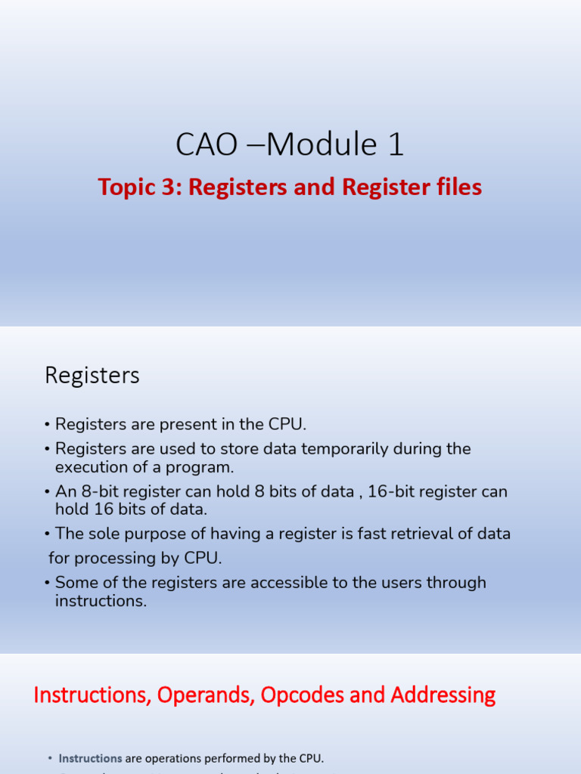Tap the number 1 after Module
395,144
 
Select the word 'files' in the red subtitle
459,187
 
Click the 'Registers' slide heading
92,376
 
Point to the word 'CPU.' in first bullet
288,425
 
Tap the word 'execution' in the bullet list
92,466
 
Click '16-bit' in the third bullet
393,491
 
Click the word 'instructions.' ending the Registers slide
101,601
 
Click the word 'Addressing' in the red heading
443,695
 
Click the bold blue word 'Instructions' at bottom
91,758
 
